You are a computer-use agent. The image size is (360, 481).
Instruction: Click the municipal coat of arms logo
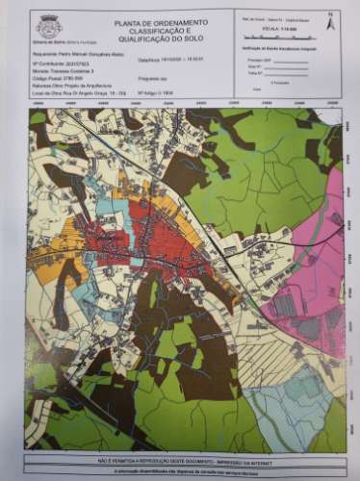[x=48, y=27]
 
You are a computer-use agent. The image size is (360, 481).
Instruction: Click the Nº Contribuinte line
[x=60, y=63]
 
